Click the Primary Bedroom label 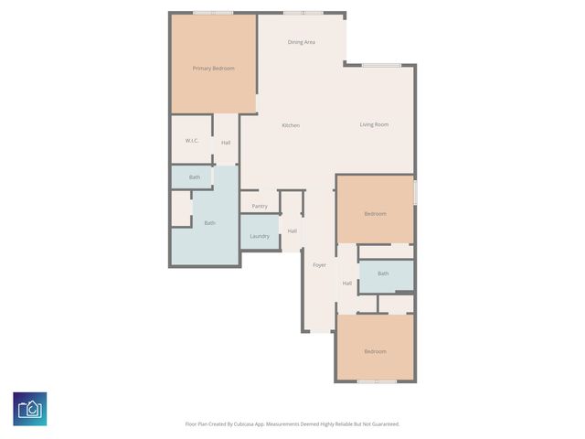pos(213,69)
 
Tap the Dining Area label pos(302,42)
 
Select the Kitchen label pos(291,125)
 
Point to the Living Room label pos(374,124)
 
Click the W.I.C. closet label pos(192,141)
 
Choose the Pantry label pos(260,206)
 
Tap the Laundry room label pos(260,236)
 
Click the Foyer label pos(319,265)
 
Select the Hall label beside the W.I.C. pos(225,143)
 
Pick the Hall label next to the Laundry pos(292,230)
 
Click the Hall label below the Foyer pos(347,284)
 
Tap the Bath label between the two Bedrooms pos(383,273)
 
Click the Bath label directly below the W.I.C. pos(194,177)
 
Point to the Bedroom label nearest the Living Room pos(375,214)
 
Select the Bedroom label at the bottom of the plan pos(375,351)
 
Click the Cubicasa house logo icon pos(30,408)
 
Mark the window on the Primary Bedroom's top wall pos(212,13)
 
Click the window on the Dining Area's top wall pos(302,13)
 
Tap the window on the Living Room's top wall pos(380,65)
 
